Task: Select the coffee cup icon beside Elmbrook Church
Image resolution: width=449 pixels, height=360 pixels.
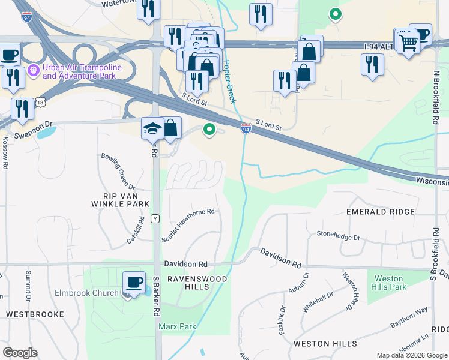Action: [134, 282]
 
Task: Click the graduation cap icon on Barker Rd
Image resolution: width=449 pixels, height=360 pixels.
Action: [152, 128]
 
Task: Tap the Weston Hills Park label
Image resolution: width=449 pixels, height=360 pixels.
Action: [390, 283]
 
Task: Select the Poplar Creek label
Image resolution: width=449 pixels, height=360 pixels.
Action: [228, 82]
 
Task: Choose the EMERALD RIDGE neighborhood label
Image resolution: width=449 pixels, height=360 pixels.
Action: [381, 212]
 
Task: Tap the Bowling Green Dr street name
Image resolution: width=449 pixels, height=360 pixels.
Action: [119, 172]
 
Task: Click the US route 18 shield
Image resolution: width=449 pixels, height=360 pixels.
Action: [40, 103]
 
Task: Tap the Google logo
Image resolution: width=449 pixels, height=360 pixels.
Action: [20, 353]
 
